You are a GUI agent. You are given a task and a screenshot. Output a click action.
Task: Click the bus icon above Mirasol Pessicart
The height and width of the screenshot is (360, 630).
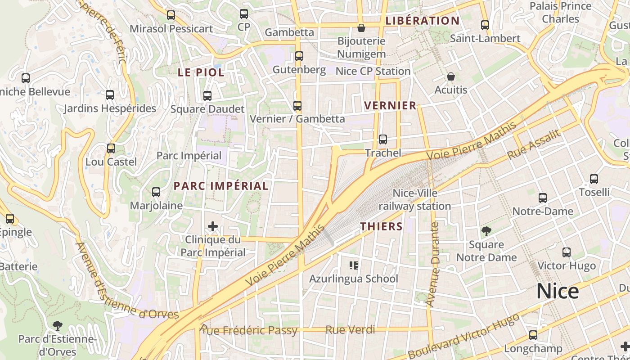point(171,15)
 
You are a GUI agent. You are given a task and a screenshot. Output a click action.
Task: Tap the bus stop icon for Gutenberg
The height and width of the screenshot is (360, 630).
point(299,56)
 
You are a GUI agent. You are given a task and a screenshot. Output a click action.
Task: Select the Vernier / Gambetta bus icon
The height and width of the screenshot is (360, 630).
point(297,106)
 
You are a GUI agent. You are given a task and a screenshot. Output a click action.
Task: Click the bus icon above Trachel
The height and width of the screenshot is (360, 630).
point(382,139)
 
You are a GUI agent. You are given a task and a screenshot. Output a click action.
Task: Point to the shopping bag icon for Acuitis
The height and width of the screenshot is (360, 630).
point(450,76)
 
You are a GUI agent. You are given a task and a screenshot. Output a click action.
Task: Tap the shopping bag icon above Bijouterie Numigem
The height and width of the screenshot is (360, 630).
point(361,28)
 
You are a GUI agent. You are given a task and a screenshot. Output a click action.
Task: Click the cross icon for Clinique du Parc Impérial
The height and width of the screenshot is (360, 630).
point(213,226)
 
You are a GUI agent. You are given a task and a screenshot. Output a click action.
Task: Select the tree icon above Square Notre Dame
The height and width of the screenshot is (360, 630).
point(486,231)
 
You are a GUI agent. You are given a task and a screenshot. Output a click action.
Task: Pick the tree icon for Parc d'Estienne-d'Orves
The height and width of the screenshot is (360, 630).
point(57,325)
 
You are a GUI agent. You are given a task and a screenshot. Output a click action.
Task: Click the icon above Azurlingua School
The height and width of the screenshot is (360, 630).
point(354,265)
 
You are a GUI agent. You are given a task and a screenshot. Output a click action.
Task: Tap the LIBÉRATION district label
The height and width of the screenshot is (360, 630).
point(423,21)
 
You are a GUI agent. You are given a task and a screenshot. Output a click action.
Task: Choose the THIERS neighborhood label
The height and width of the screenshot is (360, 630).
point(381,226)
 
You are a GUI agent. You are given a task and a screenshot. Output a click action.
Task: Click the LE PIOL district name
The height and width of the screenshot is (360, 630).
point(201,72)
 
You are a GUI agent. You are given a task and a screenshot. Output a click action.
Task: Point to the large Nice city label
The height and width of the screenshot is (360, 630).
point(557,292)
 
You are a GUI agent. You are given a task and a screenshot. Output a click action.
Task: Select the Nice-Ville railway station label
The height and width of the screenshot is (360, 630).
point(414,200)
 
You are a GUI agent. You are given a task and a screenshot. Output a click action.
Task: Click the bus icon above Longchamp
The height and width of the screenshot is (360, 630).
point(533,335)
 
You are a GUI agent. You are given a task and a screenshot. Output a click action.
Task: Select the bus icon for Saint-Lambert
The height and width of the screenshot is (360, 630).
point(485,25)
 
